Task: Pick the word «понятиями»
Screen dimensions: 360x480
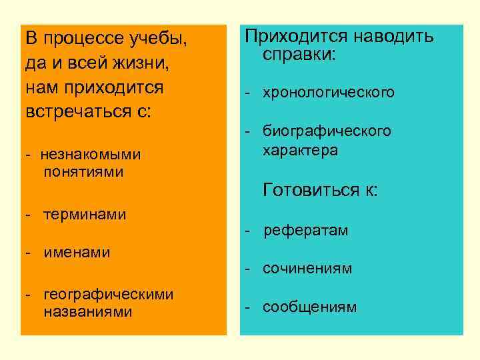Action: point(84,172)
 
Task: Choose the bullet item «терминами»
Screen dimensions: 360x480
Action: point(85,215)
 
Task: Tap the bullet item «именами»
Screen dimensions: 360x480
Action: point(77,253)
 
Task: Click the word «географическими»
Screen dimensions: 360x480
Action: point(108,294)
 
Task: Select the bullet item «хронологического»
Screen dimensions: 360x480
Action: point(329,92)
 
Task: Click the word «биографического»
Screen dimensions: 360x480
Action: point(327,131)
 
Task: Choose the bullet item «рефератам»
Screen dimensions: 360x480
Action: point(305,231)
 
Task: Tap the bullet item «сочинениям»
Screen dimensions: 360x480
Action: point(307,269)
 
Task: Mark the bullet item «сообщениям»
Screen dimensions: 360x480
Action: point(309,307)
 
